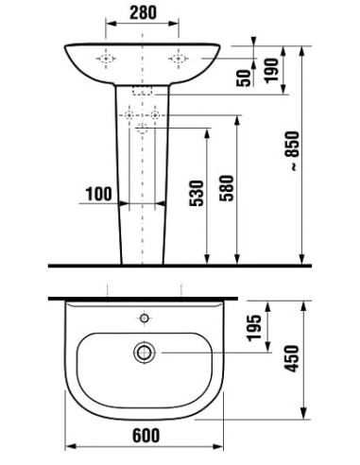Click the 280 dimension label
(x=143, y=13)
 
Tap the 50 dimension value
(x=244, y=77)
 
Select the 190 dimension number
(x=272, y=71)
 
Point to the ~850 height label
(x=294, y=150)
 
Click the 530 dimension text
(x=197, y=193)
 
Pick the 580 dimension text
(x=227, y=188)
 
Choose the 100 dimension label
(x=99, y=194)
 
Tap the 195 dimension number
(x=254, y=328)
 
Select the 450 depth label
(x=291, y=359)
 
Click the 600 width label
(x=146, y=436)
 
